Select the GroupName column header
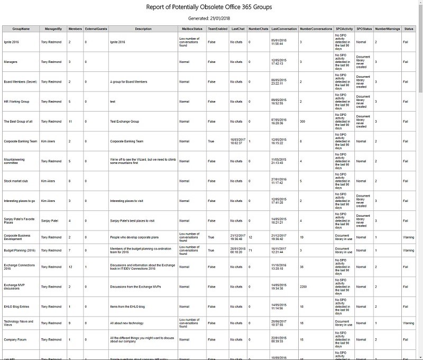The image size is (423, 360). (x=21, y=29)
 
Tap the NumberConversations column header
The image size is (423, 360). (x=316, y=29)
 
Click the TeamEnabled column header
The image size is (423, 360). (x=218, y=29)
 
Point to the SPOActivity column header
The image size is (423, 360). (x=344, y=29)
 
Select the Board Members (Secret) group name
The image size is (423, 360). (x=19, y=82)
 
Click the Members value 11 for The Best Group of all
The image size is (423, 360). (x=70, y=122)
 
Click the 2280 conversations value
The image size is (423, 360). (x=304, y=287)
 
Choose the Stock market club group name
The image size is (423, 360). (x=15, y=181)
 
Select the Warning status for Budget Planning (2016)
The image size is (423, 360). (x=409, y=251)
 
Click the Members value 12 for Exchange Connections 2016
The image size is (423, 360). (x=70, y=267)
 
